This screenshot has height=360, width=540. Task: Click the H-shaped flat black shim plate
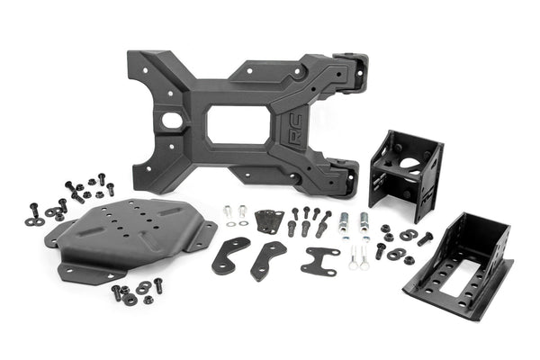tap(319, 261)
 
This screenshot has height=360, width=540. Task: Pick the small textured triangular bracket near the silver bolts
tap(267, 221)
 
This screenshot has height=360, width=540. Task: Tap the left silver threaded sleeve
tap(343, 221)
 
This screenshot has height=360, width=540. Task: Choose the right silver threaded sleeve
tap(364, 221)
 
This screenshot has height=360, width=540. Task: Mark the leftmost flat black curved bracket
tap(230, 256)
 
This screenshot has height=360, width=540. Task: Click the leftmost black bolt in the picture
tap(34, 210)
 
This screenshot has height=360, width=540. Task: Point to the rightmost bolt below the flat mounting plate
tap(158, 285)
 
